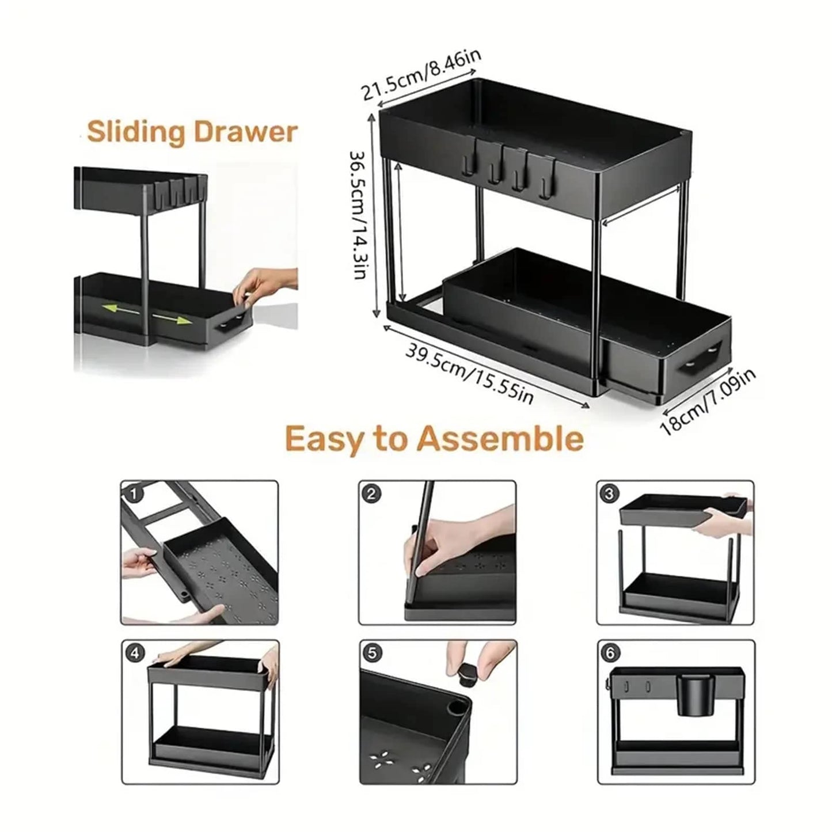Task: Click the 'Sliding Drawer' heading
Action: (x=192, y=132)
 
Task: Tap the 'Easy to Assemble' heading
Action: (x=434, y=439)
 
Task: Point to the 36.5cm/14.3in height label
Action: (x=359, y=215)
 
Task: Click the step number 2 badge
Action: (x=371, y=494)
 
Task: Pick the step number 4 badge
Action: (x=135, y=654)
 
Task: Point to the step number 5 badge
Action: (x=372, y=654)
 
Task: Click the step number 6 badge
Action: (x=610, y=654)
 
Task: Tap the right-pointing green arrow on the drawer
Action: (x=172, y=319)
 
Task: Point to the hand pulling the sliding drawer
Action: (x=264, y=285)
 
